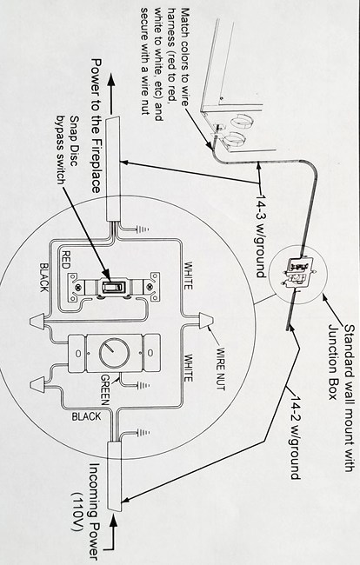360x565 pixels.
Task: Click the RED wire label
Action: pos(66,259)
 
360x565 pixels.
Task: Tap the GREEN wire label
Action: pos(105,389)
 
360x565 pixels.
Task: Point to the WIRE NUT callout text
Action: pos(220,369)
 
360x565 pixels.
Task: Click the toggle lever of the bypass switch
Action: pos(114,287)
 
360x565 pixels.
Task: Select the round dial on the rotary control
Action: pos(114,353)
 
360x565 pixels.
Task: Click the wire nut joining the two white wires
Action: pos(206,321)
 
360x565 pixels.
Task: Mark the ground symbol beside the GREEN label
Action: pos(143,385)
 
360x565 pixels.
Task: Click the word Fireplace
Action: pos(96,164)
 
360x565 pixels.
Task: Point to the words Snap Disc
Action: pos(74,141)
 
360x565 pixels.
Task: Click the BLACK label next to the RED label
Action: pos(44,277)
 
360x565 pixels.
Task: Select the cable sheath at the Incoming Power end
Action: pos(115,476)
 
